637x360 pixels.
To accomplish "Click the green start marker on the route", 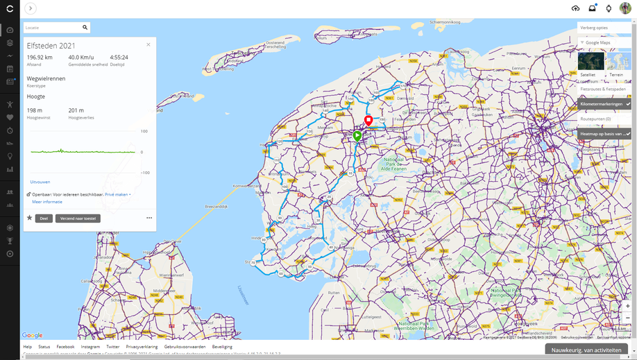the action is click(357, 136).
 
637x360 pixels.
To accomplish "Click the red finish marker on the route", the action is click(368, 121).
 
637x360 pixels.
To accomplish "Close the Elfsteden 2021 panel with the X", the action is click(148, 44).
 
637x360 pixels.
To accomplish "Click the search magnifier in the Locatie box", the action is click(85, 28).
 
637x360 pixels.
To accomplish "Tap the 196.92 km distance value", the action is click(39, 58).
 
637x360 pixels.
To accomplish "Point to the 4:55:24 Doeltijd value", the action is click(119, 58).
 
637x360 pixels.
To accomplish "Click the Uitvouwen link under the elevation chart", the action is click(40, 182).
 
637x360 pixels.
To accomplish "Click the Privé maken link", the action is click(117, 195).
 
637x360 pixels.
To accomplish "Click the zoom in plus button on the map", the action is click(627, 306).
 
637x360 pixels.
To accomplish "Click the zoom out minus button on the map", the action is click(627, 318).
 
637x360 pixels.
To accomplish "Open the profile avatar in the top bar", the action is click(625, 8).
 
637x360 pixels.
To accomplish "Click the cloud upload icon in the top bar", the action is click(575, 8).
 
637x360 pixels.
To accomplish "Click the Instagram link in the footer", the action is click(90, 347).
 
